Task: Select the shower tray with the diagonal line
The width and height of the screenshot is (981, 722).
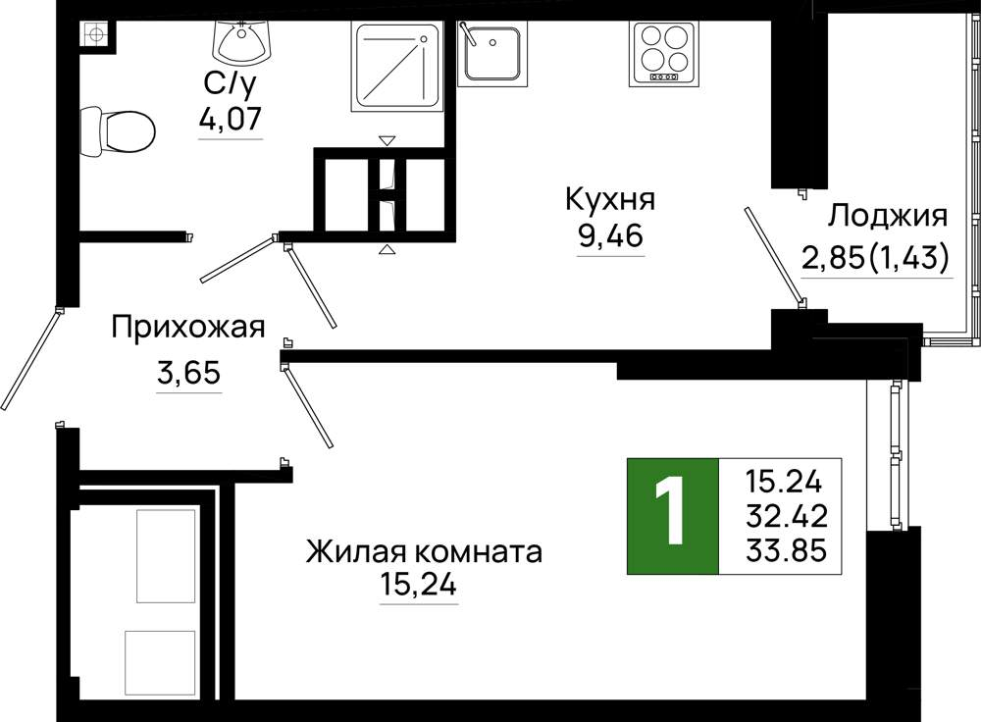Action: point(396,67)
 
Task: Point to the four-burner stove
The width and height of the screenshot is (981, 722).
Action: point(664,53)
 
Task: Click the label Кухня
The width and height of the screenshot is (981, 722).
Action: point(610,199)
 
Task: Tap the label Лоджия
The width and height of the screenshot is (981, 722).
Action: point(888,217)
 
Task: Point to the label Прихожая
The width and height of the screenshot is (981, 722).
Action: point(188,328)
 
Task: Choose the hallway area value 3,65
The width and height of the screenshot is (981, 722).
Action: point(188,374)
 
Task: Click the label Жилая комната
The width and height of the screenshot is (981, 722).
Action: point(424,553)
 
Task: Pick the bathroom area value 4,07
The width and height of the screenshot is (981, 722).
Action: point(230,119)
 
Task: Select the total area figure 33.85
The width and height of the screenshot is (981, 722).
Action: point(787,550)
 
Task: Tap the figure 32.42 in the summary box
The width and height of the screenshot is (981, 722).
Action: point(787,516)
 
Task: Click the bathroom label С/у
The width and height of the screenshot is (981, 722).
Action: point(231,83)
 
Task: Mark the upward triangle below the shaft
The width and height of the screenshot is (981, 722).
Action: point(387,250)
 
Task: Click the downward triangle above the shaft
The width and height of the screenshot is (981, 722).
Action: point(387,141)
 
